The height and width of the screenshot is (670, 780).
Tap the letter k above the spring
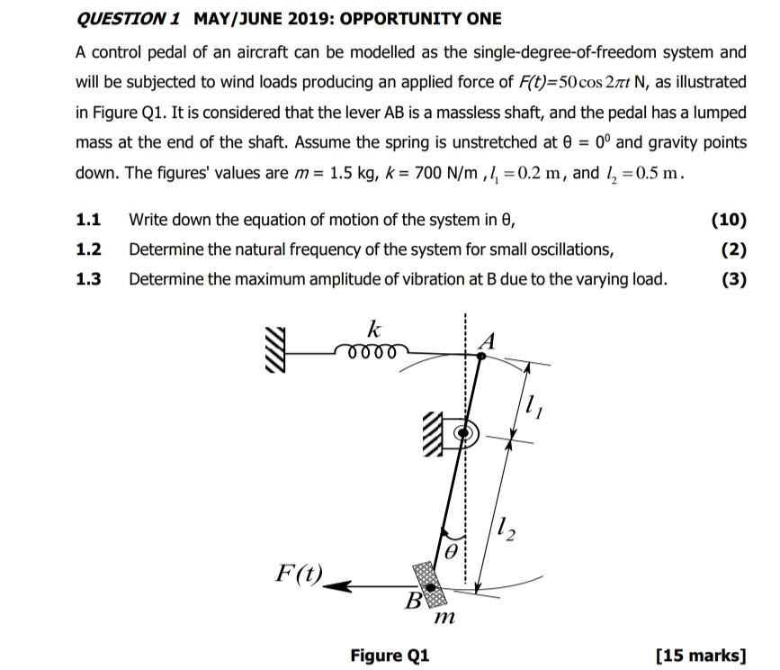372,326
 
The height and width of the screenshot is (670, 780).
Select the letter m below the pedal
443,619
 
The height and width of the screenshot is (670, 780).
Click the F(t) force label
300,572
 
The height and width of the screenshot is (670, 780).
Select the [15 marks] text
702,654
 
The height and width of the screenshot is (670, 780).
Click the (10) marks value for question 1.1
728,219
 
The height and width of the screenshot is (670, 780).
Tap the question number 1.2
88,249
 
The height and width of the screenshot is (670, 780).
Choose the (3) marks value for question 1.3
733,279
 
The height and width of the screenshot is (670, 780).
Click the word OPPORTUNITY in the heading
400,19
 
